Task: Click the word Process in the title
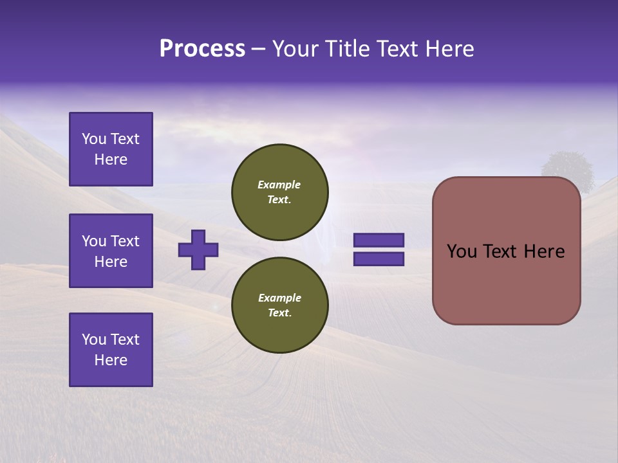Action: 202,49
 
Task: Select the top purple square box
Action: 111,149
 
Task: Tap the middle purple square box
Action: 111,251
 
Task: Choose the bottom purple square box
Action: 111,350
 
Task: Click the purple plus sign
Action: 198,250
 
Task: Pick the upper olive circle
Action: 279,192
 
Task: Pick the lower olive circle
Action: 279,305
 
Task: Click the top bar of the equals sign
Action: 379,240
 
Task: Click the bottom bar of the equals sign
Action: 379,259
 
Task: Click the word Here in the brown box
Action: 544,251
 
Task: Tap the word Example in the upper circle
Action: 279,185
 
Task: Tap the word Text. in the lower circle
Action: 279,313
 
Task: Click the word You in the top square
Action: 94,139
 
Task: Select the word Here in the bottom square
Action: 111,360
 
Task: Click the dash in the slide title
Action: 258,49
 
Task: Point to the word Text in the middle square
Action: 125,241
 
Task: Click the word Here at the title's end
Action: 450,49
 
